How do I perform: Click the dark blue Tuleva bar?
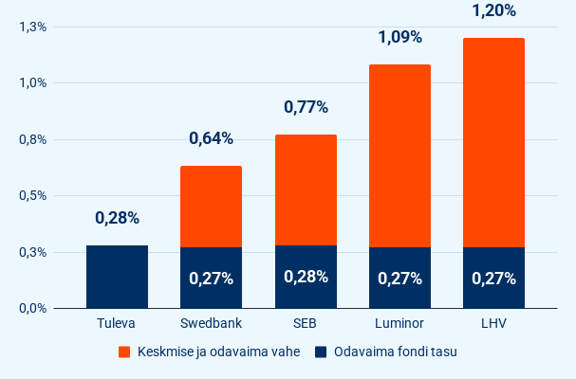point(117,277)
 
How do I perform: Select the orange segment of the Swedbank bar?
point(211,207)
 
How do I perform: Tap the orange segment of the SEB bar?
point(306,189)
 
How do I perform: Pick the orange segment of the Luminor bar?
point(399,156)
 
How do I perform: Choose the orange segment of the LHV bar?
point(493,142)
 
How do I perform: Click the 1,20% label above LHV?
point(493,11)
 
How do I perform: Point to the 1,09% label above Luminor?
point(399,38)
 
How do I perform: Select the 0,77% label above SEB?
point(306,107)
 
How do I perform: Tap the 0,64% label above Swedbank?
point(211,138)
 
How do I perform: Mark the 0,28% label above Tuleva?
point(117,218)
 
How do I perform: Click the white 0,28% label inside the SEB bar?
point(306,277)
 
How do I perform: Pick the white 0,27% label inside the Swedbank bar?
point(211,279)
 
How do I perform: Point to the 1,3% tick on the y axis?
point(32,27)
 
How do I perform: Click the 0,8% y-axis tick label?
point(32,139)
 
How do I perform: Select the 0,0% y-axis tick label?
point(32,308)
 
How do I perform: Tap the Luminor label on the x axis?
point(399,325)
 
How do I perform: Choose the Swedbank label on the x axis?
point(211,325)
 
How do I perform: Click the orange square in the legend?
point(124,352)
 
